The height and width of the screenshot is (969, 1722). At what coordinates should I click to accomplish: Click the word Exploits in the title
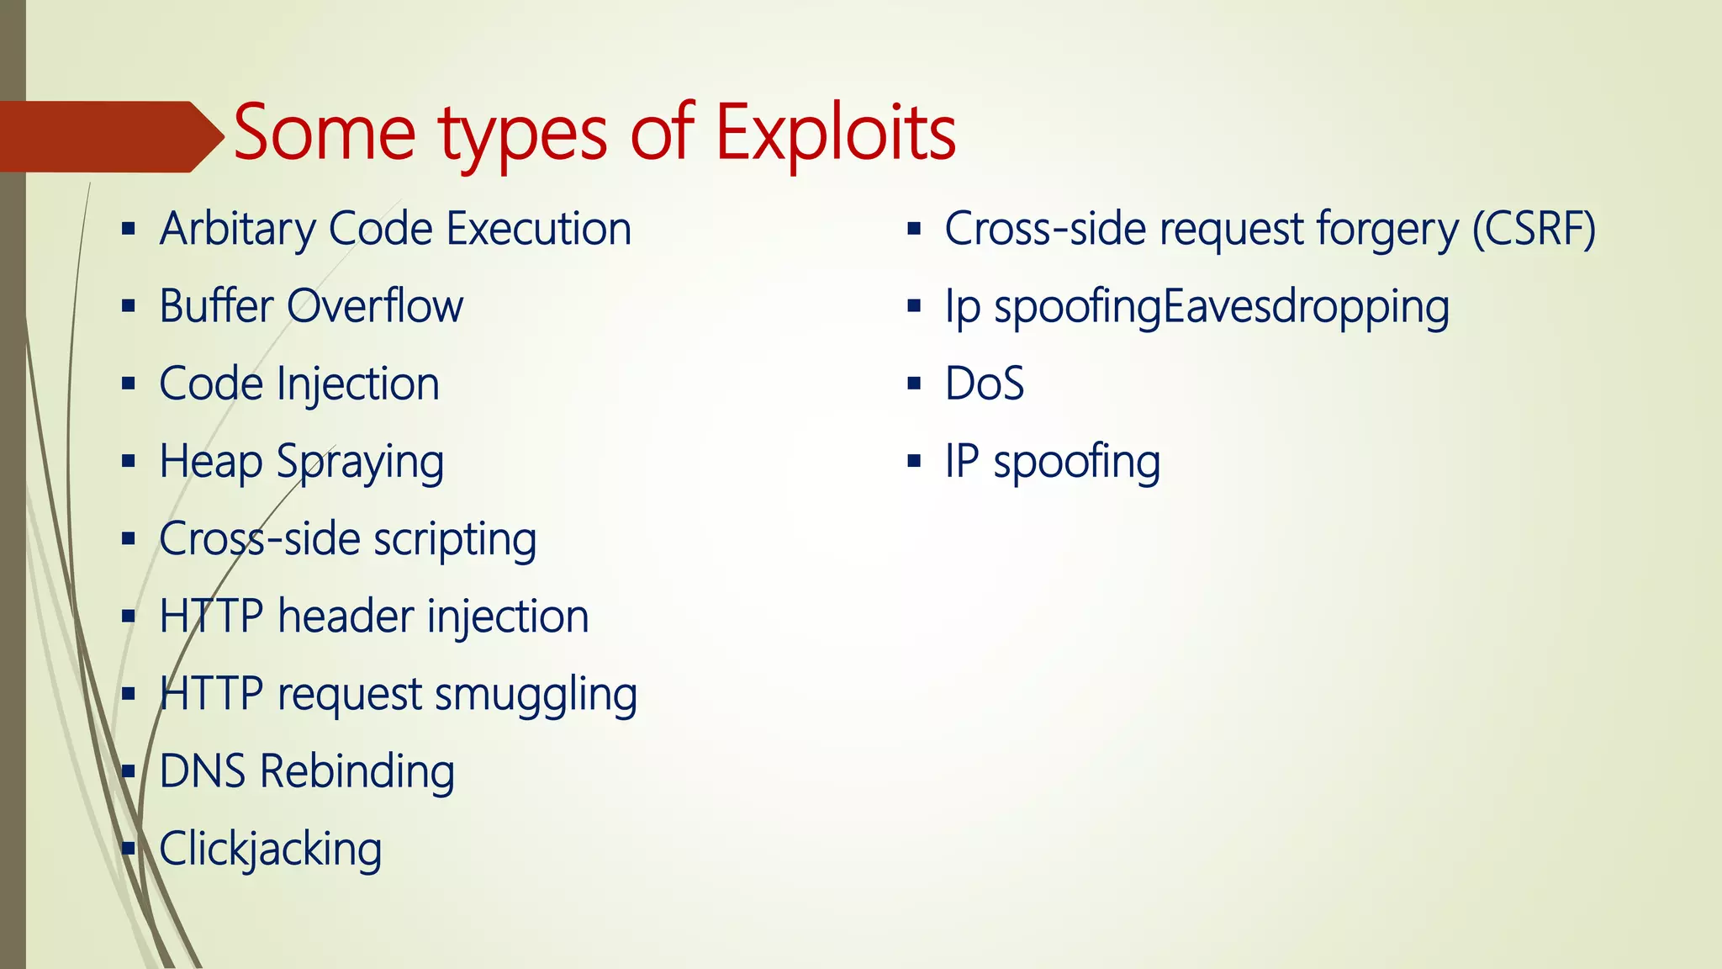(x=835, y=133)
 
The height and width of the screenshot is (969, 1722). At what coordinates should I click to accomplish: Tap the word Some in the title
(x=325, y=133)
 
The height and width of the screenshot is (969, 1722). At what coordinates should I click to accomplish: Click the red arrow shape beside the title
(x=109, y=136)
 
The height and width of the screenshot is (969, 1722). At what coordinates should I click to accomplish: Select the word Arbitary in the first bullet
(x=237, y=229)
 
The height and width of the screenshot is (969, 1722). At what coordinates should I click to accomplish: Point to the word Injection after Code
(x=358, y=384)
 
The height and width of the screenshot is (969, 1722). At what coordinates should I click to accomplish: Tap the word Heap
(x=210, y=462)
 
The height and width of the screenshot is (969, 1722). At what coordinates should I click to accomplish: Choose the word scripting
(x=455, y=539)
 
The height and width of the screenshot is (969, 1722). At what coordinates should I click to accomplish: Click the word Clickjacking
(x=271, y=849)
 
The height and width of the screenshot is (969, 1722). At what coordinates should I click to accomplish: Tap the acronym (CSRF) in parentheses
(x=1534, y=229)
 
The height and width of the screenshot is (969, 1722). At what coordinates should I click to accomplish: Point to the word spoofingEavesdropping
(x=1221, y=307)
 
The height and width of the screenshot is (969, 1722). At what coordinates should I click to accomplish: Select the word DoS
(x=985, y=384)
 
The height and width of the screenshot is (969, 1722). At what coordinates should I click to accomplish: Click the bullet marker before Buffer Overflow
(x=128, y=306)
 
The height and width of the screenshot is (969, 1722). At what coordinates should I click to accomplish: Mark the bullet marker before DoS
(x=914, y=384)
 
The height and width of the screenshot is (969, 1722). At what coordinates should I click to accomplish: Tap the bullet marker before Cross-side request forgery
(x=914, y=229)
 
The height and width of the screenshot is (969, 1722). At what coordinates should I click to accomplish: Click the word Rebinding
(x=357, y=771)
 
